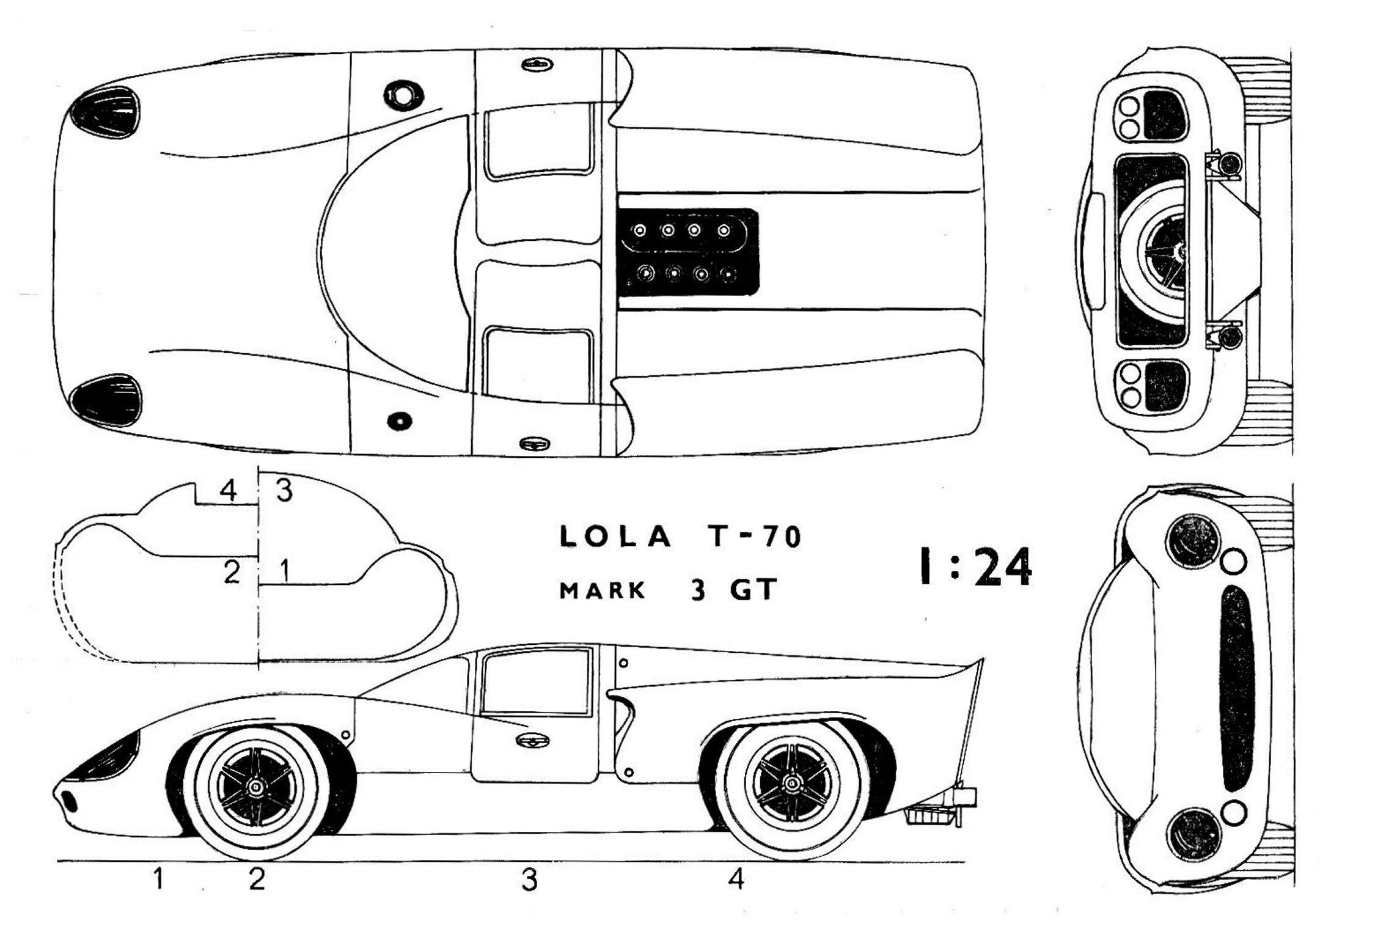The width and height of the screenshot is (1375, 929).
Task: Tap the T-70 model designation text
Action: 757,537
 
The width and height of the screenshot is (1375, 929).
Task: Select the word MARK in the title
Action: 603,590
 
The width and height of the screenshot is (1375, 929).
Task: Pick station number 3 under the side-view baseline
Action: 529,880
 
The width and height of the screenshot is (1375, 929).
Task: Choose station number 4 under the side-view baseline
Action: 736,879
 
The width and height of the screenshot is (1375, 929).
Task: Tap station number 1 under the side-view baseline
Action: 158,879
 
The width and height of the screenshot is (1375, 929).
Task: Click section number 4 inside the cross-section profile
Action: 228,491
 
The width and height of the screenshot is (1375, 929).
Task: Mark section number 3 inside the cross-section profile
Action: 284,491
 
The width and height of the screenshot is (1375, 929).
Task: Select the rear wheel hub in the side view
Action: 793,784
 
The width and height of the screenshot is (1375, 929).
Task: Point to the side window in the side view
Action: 536,683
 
